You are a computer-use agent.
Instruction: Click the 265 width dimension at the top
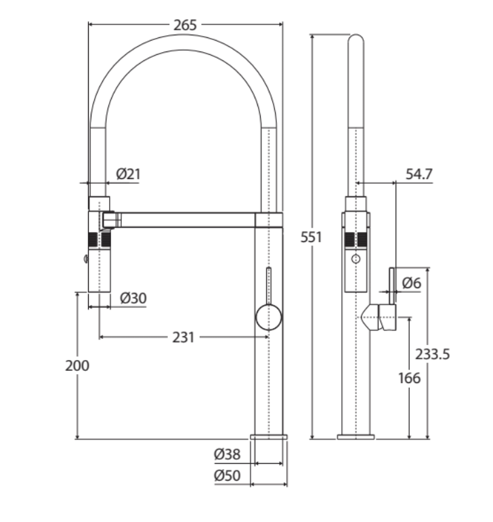tap(185, 25)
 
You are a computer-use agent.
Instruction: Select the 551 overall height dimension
tap(312, 237)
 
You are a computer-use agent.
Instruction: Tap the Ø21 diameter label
tap(128, 174)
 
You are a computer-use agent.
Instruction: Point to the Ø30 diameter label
tap(133, 298)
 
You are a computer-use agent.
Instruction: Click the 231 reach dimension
tap(183, 336)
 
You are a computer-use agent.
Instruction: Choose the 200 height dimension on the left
tap(77, 365)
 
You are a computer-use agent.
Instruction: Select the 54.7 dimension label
tap(419, 174)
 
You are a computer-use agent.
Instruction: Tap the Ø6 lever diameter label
tap(411, 283)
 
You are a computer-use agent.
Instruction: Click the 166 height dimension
tap(410, 378)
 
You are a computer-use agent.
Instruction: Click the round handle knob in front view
tap(268, 317)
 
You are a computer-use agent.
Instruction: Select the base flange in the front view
tap(269, 436)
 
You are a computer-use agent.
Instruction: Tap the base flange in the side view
tap(355, 436)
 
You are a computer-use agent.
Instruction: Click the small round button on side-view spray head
tap(356, 259)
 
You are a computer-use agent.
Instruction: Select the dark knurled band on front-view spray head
tap(99, 240)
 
